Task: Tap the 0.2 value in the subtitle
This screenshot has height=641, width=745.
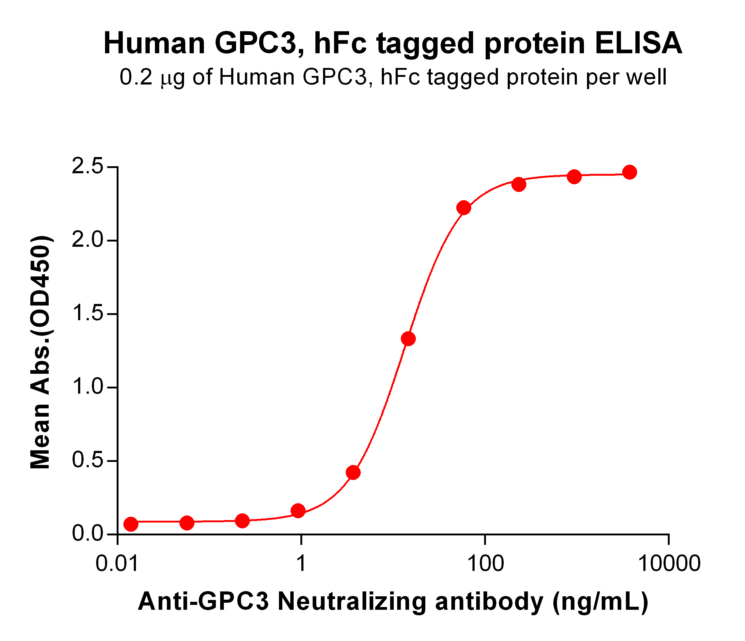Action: [x=136, y=77]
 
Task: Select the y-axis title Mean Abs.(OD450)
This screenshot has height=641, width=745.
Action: [x=41, y=352]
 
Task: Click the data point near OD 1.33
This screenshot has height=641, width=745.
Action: [x=408, y=339]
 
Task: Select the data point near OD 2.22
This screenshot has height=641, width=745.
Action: [x=464, y=208]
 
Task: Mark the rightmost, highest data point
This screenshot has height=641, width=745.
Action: [x=630, y=172]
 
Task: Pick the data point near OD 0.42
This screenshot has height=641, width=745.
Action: [x=353, y=472]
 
